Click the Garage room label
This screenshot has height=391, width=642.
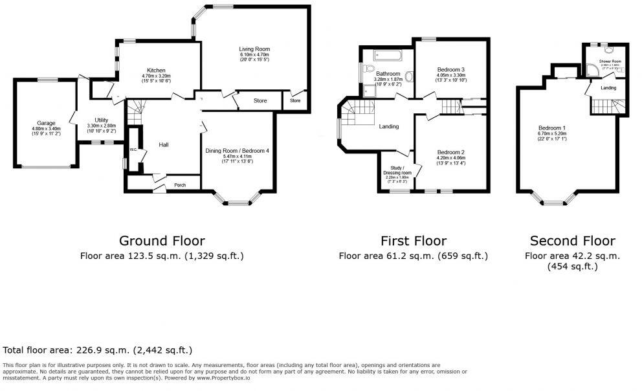point(46,122)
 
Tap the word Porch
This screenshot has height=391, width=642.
point(180,185)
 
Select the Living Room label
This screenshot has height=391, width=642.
point(254,49)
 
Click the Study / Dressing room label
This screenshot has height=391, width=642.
point(397,170)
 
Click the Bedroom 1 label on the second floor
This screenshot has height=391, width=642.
point(551,128)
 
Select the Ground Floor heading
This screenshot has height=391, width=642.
point(161,241)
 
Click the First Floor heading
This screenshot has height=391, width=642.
point(414,241)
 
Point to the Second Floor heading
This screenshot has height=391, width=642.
point(572,241)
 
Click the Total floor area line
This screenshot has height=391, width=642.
point(98,350)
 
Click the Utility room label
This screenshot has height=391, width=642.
point(101,120)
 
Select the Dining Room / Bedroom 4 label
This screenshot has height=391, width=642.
point(237,151)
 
